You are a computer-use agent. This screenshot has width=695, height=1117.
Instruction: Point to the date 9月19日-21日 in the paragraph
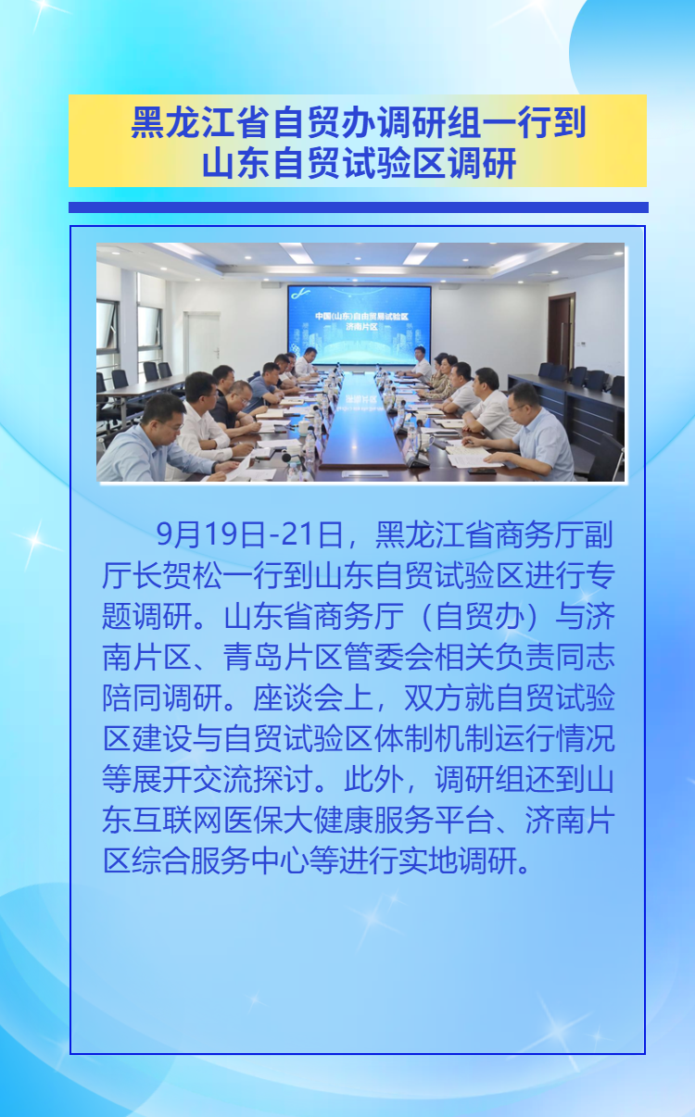point(250,534)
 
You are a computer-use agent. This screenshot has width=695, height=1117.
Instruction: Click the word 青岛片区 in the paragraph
point(283,657)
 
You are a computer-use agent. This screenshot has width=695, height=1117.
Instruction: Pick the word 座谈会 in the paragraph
point(298,697)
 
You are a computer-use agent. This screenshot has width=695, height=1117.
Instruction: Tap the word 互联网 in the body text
point(177,820)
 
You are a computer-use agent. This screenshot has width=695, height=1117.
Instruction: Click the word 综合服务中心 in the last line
point(220,860)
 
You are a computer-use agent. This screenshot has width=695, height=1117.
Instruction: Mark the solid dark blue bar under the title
point(359,207)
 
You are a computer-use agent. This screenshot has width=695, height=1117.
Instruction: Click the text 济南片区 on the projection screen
point(361,327)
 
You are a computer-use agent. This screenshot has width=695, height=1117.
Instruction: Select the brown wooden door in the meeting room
point(561,331)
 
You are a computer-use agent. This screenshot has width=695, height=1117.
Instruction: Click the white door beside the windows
point(203,344)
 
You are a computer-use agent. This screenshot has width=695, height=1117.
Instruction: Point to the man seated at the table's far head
point(421,362)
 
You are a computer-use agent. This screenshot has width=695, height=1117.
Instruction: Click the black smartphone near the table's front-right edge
point(482,471)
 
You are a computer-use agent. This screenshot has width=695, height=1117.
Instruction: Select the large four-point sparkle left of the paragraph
point(34,541)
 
